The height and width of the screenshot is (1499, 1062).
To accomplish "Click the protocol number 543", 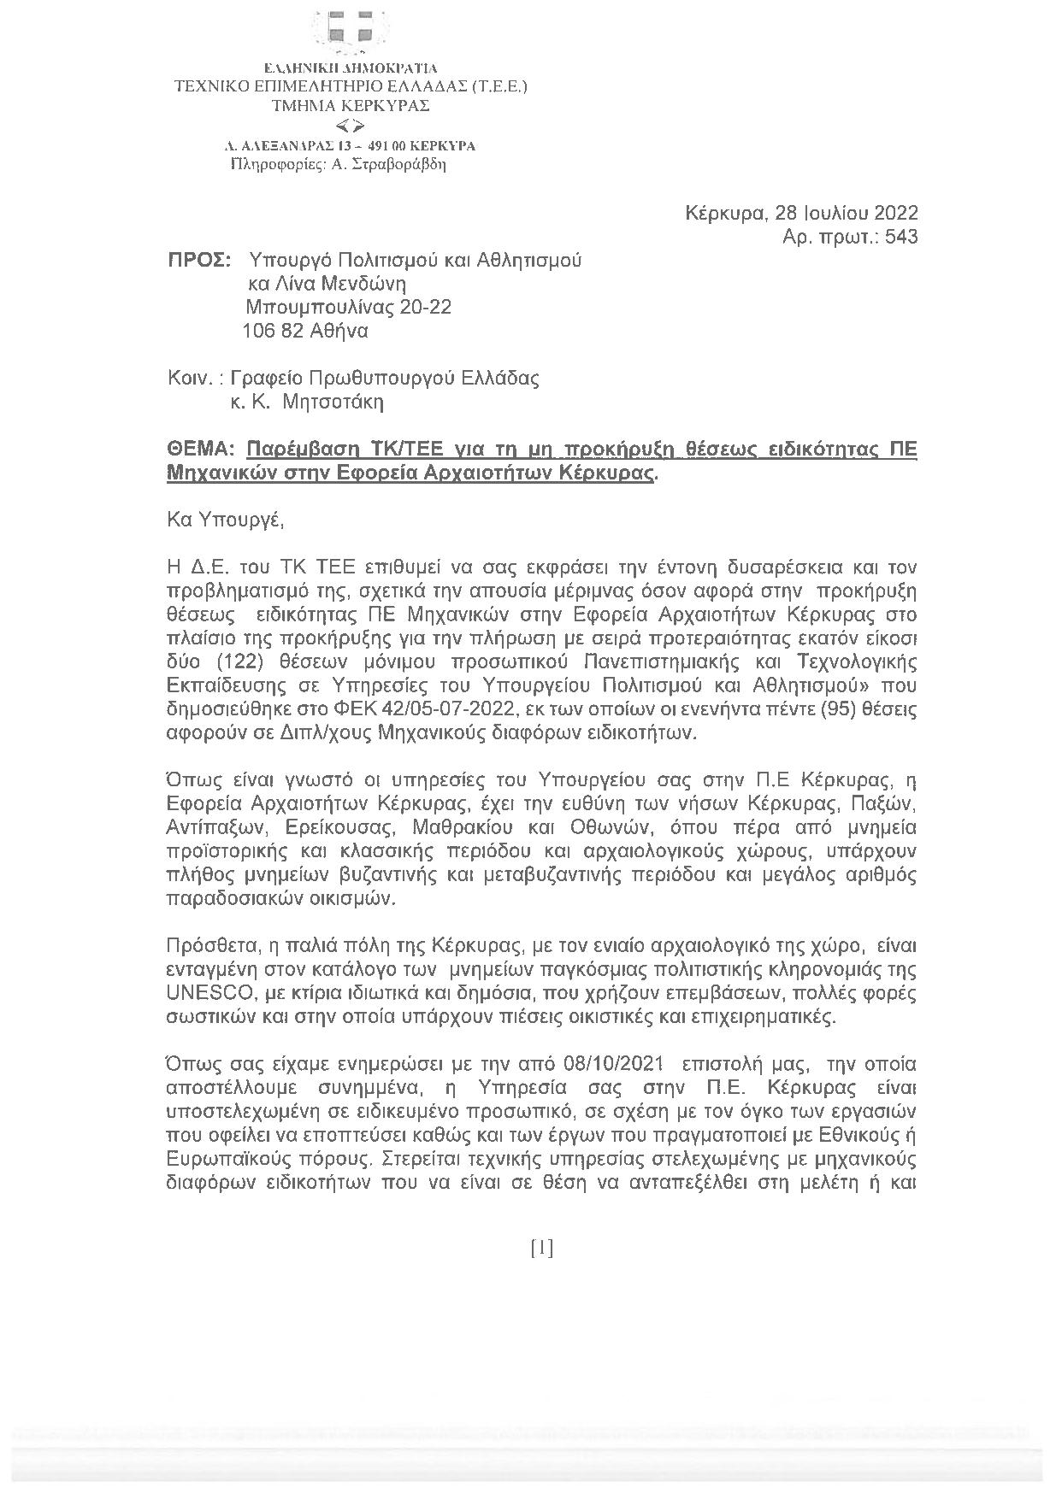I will pos(901,237).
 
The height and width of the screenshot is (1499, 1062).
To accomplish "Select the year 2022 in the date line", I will pos(894,213).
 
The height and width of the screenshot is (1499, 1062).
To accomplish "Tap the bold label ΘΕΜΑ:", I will pos(201,450).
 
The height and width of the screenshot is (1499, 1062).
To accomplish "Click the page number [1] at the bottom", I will pos(542,1249).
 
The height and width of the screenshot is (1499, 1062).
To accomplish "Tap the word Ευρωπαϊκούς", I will pos(219,1161).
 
